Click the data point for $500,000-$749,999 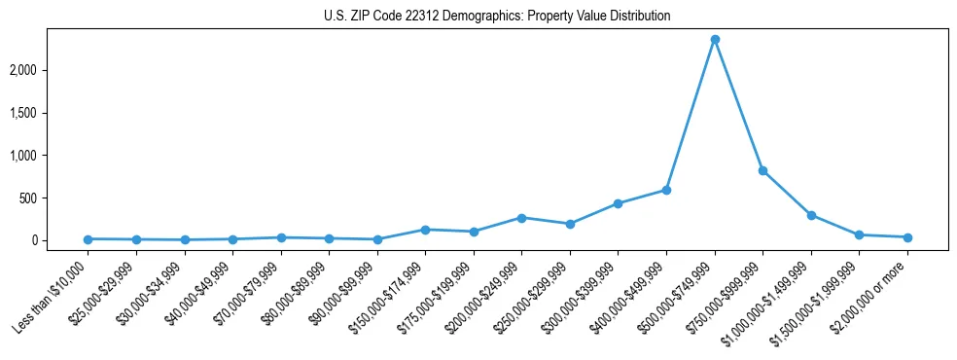click(715, 39)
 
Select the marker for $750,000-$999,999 click(762, 170)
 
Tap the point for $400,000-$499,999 click(666, 190)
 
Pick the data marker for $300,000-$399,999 click(618, 203)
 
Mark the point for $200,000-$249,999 click(521, 218)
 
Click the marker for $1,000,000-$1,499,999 click(811, 215)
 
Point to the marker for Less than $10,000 click(89, 239)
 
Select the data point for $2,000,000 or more click(907, 237)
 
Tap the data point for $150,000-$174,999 click(425, 230)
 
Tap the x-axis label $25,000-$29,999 click(107, 292)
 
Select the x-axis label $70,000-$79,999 click(252, 292)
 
